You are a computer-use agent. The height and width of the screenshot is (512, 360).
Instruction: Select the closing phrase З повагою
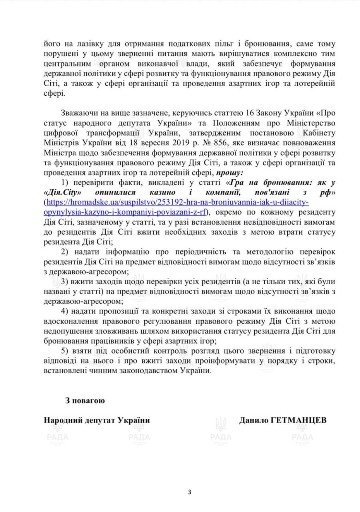[85, 400]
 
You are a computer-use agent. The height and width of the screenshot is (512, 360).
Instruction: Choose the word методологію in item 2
[270, 252]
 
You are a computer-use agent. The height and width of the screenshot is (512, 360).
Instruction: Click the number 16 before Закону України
[250, 113]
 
